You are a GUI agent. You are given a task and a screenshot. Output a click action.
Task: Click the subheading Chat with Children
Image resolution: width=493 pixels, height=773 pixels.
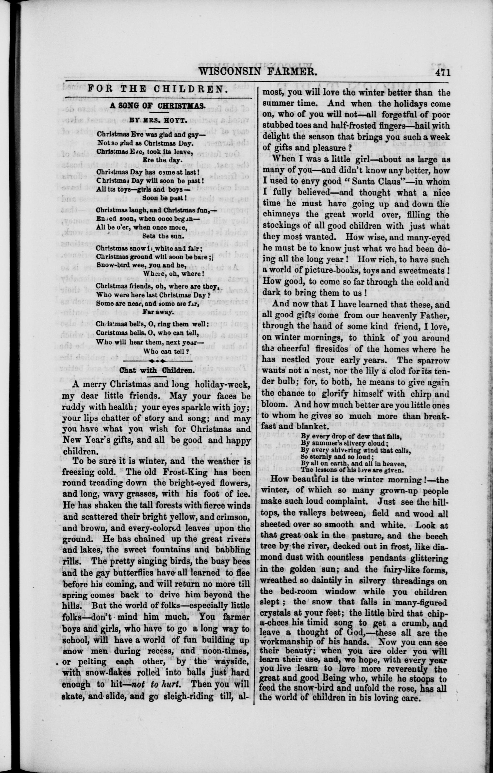tap(157, 370)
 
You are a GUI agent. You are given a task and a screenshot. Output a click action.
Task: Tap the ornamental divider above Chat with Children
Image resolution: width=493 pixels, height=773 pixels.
tap(157, 361)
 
